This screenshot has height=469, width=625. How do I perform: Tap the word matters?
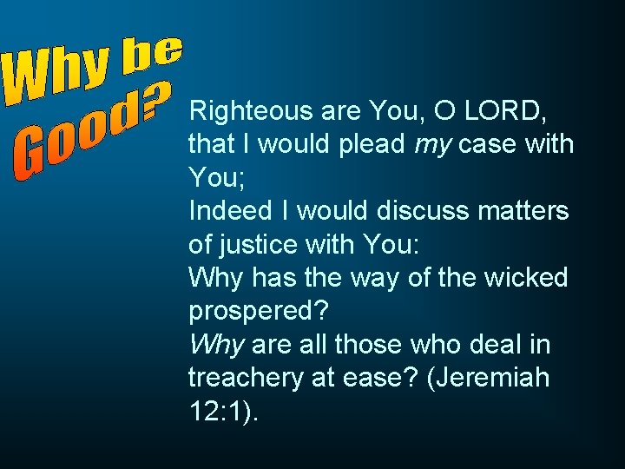pos(524,210)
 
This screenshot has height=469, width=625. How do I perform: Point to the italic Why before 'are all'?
pos(216,345)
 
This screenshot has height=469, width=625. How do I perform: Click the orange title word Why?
pos(57,74)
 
